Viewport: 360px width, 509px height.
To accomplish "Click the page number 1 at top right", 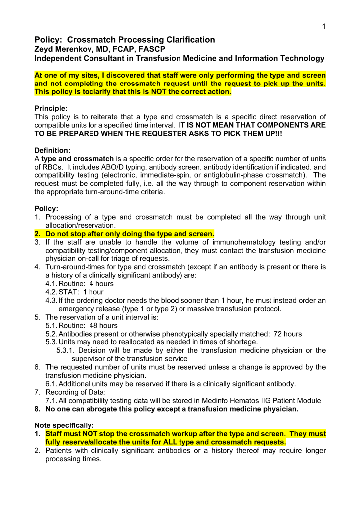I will (323, 27).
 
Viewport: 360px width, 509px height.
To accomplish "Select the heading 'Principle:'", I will (51, 108).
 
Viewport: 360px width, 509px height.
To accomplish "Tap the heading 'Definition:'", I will (53, 150).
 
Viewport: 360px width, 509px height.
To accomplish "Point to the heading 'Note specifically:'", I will (64, 425).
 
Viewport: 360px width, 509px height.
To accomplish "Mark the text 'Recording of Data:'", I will (76, 392).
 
